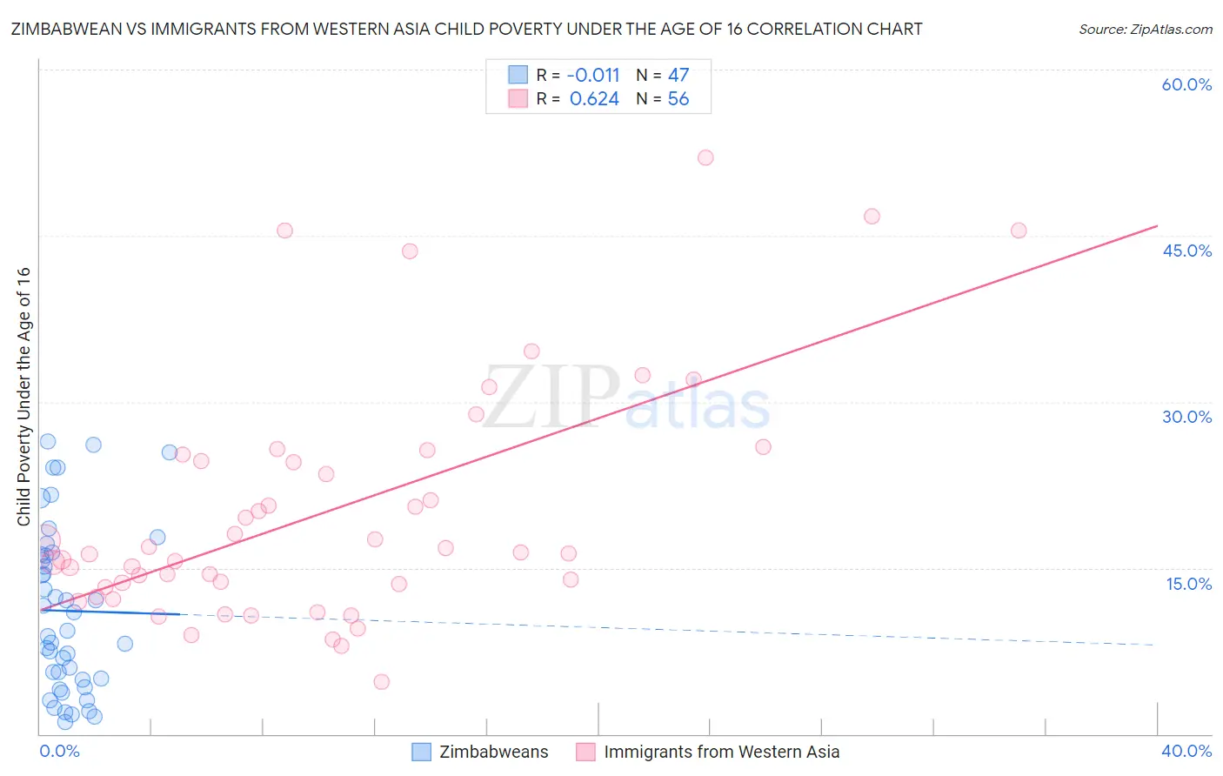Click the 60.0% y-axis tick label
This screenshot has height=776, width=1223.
1186,84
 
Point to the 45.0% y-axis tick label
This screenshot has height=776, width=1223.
1186,251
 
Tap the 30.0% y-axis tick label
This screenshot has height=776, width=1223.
1186,417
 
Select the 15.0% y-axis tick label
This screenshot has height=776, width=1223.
1188,584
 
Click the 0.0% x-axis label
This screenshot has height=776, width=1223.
59,752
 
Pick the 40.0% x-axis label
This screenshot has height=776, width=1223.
1186,752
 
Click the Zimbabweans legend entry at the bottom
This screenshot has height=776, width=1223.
493,753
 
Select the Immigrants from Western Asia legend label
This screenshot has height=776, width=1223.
721,753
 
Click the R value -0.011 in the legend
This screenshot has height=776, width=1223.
593,76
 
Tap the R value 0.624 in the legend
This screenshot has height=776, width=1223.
594,99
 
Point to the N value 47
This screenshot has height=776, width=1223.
678,76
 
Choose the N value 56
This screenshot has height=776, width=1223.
678,99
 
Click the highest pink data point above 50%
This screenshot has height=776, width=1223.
705,157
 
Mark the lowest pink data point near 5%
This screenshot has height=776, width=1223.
381,682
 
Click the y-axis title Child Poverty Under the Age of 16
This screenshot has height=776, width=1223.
23,397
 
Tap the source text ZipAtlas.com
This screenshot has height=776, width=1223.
1145,30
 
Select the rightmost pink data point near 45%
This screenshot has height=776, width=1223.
1019,231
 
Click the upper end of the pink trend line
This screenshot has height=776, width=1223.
1156,226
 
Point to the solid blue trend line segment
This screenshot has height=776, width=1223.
109,612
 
